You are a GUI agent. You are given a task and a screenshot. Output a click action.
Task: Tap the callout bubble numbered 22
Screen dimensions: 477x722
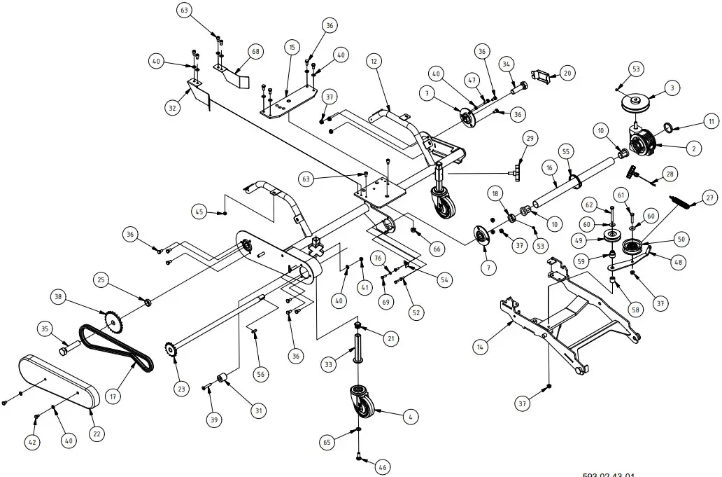[x=97, y=434]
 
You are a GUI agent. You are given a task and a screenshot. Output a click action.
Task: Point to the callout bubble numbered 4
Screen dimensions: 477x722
[x=411, y=417]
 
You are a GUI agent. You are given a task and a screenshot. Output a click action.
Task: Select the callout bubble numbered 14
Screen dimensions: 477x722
[x=480, y=345]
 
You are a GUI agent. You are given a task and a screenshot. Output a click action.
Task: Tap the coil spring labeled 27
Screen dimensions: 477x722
[x=683, y=188]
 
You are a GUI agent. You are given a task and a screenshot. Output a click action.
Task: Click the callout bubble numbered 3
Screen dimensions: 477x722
[x=672, y=88]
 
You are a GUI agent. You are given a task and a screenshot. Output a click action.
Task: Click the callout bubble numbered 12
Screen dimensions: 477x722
[x=374, y=62]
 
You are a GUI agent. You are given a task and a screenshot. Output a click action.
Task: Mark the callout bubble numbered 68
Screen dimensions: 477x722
[x=255, y=53]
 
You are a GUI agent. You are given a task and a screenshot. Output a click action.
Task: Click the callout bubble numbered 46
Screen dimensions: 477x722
[x=382, y=466]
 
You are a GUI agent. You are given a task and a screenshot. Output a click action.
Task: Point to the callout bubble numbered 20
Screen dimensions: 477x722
[x=567, y=73]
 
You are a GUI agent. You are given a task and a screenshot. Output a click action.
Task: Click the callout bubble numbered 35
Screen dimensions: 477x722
[x=45, y=329]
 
